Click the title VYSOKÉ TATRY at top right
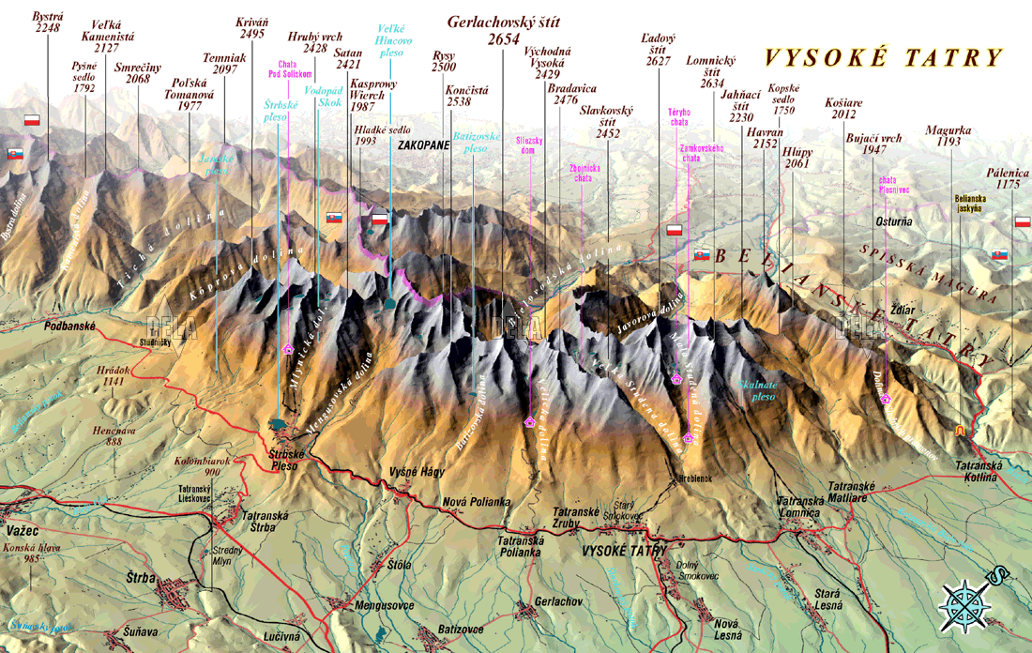pyautogui.click(x=883, y=58)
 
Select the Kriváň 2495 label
pyautogui.click(x=251, y=27)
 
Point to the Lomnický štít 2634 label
pyautogui.click(x=711, y=71)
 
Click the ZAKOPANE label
pyautogui.click(x=424, y=146)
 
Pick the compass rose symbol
pyautogui.click(x=966, y=600)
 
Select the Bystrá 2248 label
pyautogui.click(x=47, y=22)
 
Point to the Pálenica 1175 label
pyautogui.click(x=1008, y=179)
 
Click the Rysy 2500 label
pyautogui.click(x=444, y=62)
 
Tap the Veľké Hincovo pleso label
pyautogui.click(x=393, y=41)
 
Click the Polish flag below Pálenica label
pyautogui.click(x=1023, y=222)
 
